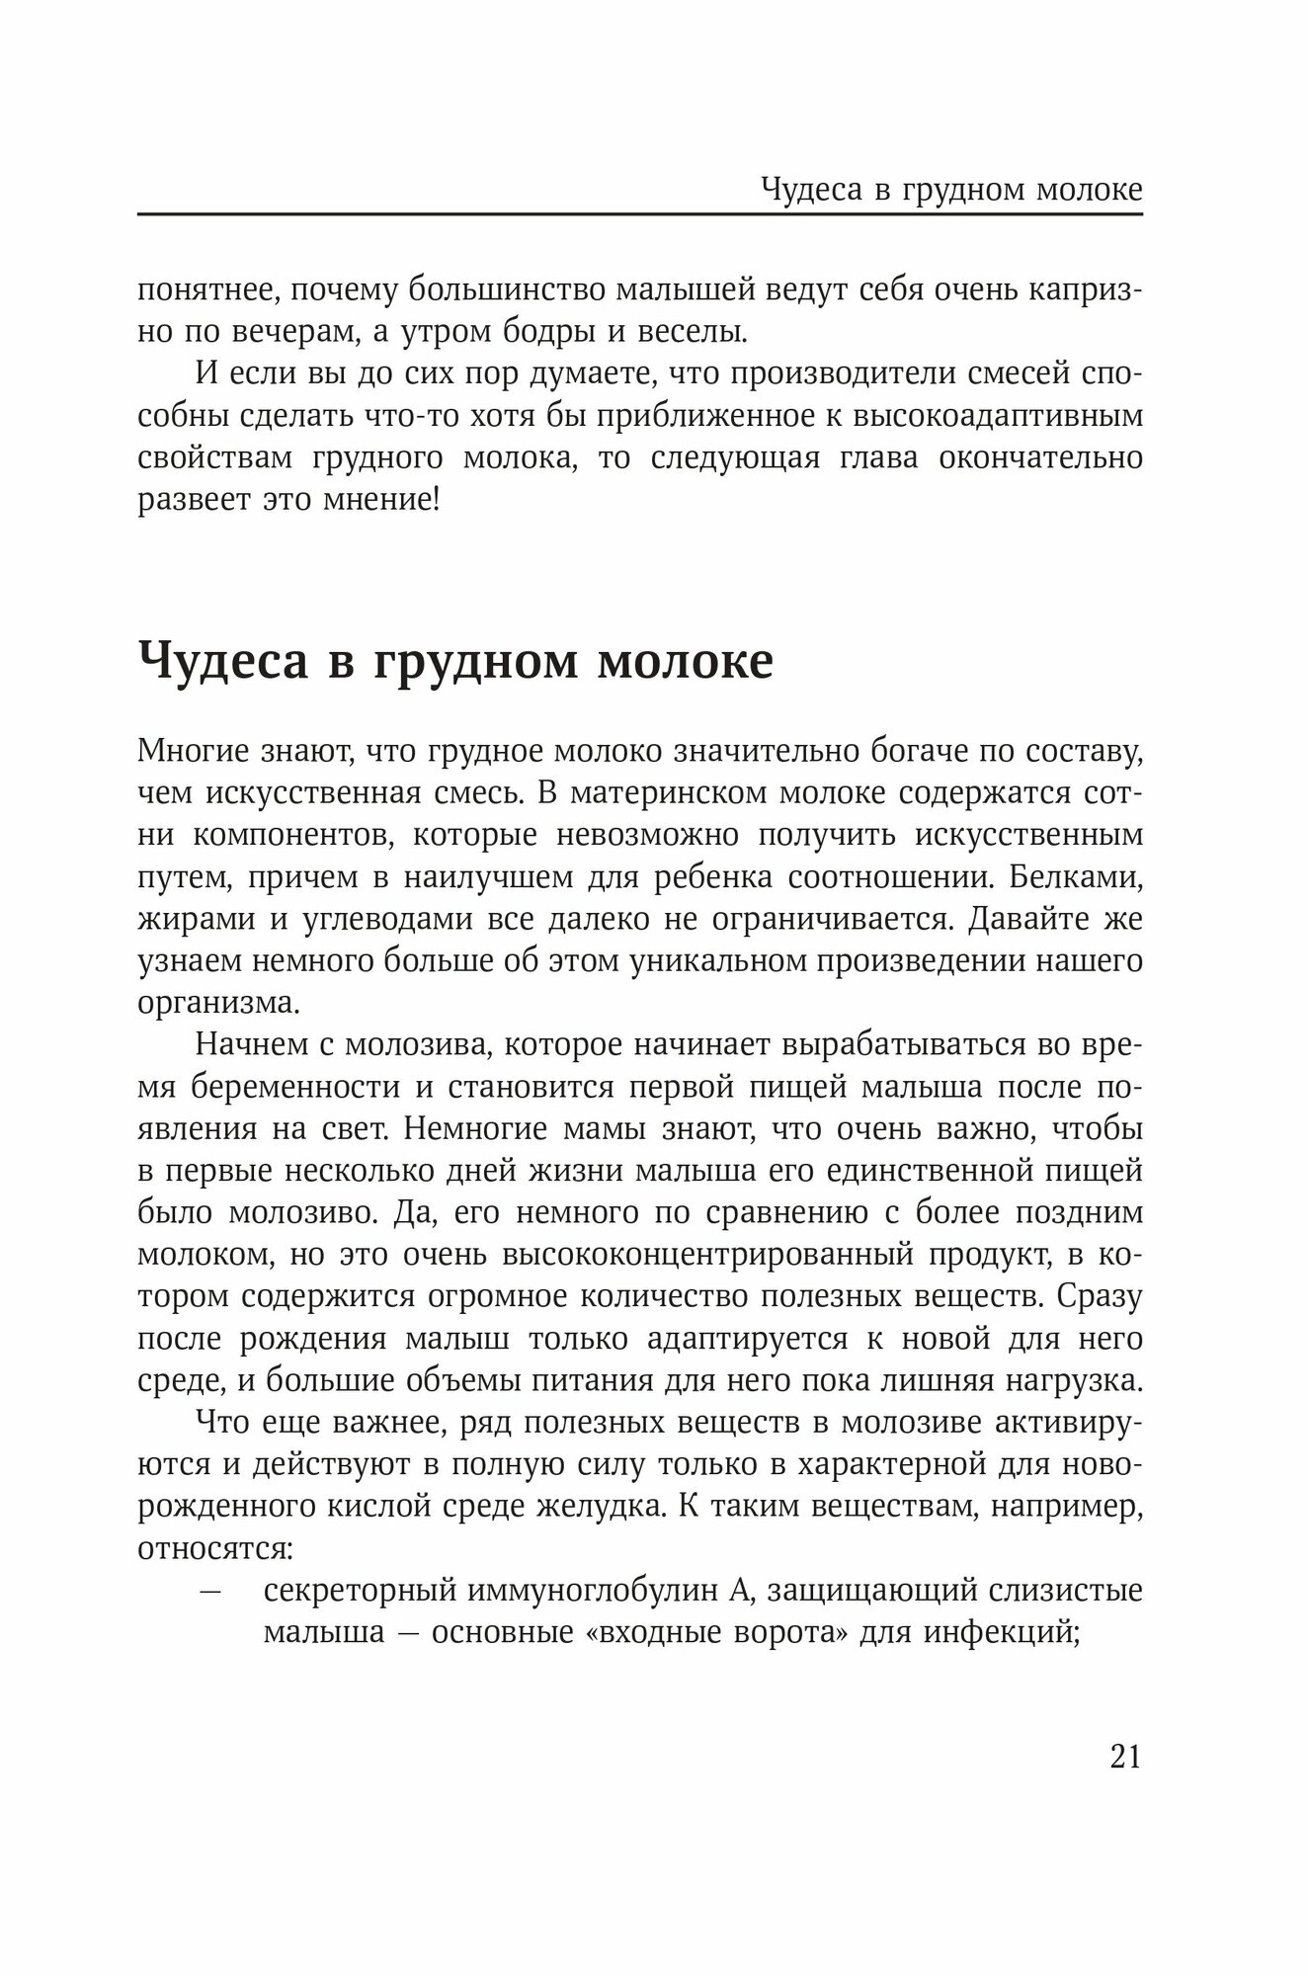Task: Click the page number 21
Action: [1125, 1755]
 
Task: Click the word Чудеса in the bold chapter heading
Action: [223, 662]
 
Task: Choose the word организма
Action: [214, 1003]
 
